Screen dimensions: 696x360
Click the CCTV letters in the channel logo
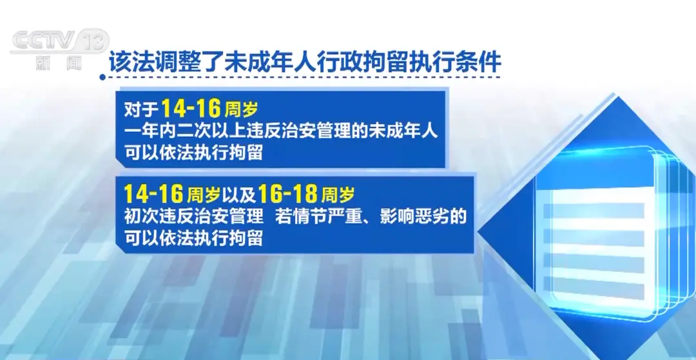click(x=43, y=41)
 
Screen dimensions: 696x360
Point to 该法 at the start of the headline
click(x=128, y=63)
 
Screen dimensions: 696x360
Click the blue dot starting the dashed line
click(x=102, y=77)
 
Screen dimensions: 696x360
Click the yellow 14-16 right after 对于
click(x=190, y=108)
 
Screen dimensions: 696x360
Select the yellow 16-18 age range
click(x=287, y=193)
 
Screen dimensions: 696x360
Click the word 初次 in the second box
click(x=140, y=217)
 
